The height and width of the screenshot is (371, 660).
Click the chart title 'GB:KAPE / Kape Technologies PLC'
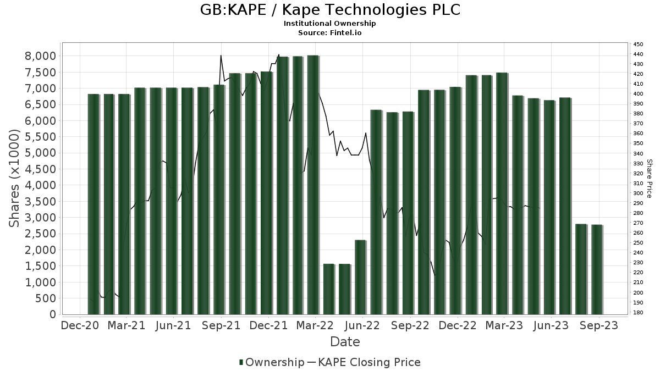pyautogui.click(x=330, y=10)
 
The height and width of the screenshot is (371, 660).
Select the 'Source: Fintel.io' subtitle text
pyautogui.click(x=330, y=32)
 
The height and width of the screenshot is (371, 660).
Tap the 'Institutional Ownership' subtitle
pyautogui.click(x=330, y=24)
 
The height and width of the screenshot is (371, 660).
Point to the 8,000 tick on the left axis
pyautogui.click(x=41, y=56)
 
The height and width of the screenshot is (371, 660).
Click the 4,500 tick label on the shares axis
pyautogui.click(x=41, y=169)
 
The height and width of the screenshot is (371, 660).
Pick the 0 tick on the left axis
pyautogui.click(x=53, y=314)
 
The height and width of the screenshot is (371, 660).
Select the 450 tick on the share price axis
pyautogui.click(x=638, y=45)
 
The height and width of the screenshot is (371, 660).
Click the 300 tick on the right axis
pyautogui.click(x=638, y=193)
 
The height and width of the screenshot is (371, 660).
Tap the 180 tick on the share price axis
pyautogui.click(x=638, y=313)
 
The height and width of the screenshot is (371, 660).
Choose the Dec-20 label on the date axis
pyautogui.click(x=80, y=325)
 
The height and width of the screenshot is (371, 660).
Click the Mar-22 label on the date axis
pyautogui.click(x=315, y=325)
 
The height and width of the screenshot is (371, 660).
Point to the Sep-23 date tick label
pyautogui.click(x=598, y=325)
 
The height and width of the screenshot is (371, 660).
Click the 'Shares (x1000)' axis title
pyautogui.click(x=15, y=179)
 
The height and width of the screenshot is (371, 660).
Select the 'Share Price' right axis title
pyautogui.click(x=650, y=179)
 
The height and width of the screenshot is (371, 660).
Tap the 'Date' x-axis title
pyautogui.click(x=345, y=342)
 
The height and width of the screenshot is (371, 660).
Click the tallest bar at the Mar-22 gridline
pyautogui.click(x=313, y=185)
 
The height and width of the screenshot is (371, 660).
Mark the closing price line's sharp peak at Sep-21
pyautogui.click(x=221, y=56)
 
